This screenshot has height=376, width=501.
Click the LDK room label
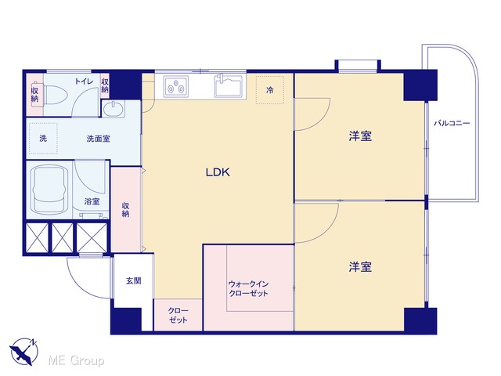[x=218, y=172]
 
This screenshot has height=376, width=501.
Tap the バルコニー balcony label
[x=452, y=123]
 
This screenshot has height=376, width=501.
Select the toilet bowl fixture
[x=56, y=94]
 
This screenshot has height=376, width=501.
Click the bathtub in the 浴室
[x=49, y=190]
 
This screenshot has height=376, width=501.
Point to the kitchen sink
[x=228, y=85]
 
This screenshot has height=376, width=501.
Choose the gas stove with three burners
[x=175, y=86]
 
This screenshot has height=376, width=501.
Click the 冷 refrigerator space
[x=270, y=90]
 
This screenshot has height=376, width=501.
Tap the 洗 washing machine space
[x=43, y=138]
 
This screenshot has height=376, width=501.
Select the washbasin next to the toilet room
[x=114, y=109]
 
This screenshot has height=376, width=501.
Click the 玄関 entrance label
[x=133, y=280]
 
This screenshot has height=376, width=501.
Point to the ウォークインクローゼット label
[x=249, y=288]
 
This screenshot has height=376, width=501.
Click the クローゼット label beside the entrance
[x=178, y=315]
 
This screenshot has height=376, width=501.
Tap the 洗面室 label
[x=99, y=139]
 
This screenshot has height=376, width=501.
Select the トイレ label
[x=84, y=81]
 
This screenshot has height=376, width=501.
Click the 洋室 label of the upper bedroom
[x=360, y=136]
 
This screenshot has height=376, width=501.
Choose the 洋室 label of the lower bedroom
[x=360, y=266]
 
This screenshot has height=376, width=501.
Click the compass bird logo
[x=24, y=351]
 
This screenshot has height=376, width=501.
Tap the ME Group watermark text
[x=76, y=360]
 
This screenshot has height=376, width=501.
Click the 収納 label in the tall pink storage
[x=125, y=210]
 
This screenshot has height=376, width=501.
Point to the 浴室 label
[x=92, y=201]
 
